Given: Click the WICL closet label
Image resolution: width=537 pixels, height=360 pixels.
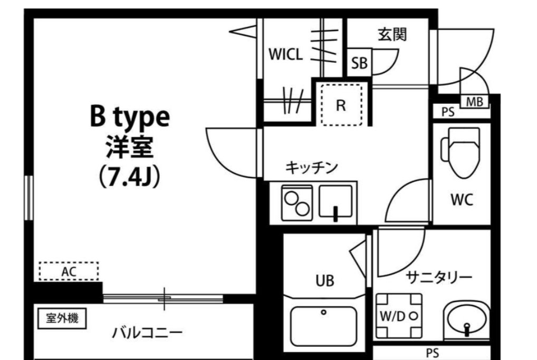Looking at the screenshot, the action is click(285, 54).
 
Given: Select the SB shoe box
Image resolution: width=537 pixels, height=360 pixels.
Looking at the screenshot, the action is click(359, 63).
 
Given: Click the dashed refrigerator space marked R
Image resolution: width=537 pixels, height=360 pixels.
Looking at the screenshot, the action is click(341, 104).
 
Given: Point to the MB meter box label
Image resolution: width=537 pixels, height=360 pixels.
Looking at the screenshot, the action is click(474, 101).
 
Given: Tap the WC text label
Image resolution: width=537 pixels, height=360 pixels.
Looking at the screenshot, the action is click(461, 200).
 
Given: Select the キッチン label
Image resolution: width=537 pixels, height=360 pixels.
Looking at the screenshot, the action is click(311, 168).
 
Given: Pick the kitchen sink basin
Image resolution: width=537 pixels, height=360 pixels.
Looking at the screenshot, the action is click(336, 201).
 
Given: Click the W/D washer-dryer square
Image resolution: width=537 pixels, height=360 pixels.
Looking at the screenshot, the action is click(399, 316).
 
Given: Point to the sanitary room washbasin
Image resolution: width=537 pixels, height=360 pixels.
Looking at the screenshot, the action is click(467, 321).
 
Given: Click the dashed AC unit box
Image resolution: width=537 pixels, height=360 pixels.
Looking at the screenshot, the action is click(69, 271).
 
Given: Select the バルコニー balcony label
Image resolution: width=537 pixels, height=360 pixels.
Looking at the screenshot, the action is click(147, 333).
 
